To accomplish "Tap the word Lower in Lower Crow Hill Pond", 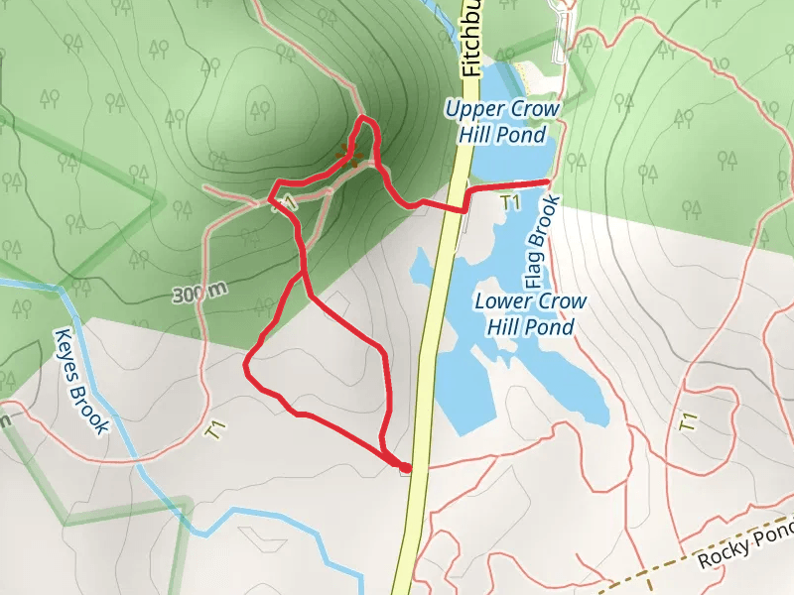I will coord(501,301).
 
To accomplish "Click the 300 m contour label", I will coord(199,293).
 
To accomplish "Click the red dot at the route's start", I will coord(405,466).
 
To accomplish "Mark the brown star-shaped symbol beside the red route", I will coord(348,153).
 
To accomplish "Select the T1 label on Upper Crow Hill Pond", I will coord(510,202).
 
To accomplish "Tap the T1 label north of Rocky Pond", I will coord(687,420).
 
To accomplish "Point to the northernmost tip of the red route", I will coord(363,118).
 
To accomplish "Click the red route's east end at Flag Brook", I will coord(548,182).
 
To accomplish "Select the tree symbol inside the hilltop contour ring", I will coord(260,108).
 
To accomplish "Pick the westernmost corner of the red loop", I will coord(245,366).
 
